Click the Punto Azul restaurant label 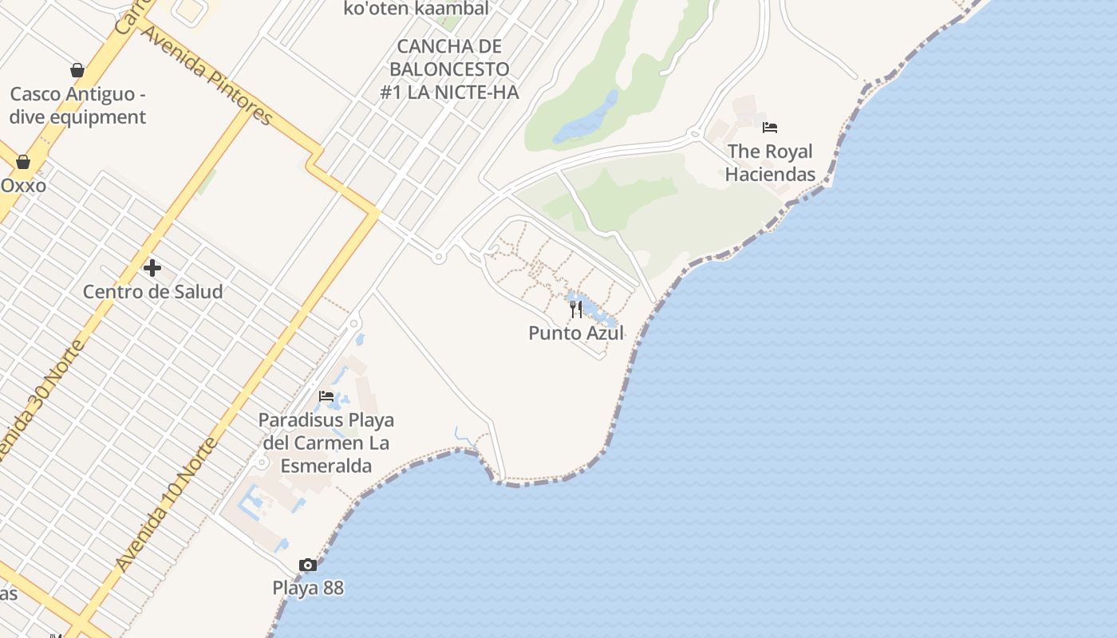click(x=575, y=333)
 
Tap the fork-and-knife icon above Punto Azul click(x=575, y=309)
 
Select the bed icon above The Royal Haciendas click(x=769, y=128)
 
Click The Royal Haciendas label click(x=770, y=163)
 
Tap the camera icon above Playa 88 click(x=307, y=565)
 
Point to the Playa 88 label click(x=307, y=588)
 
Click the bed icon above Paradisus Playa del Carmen click(x=326, y=396)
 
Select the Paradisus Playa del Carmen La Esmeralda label click(x=326, y=443)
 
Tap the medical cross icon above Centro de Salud click(x=152, y=268)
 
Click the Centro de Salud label click(x=152, y=292)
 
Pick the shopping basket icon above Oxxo click(x=23, y=163)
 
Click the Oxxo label click(x=23, y=186)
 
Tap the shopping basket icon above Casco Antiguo click(x=77, y=71)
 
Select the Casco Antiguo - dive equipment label click(x=77, y=105)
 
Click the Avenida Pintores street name click(x=207, y=74)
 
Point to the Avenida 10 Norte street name click(x=166, y=504)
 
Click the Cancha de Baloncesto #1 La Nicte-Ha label click(x=449, y=69)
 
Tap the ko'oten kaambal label click(x=416, y=9)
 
